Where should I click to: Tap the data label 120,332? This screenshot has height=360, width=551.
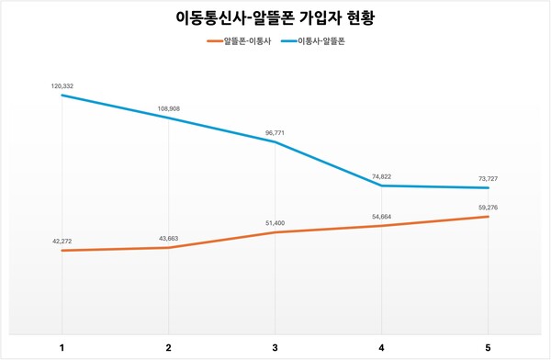(x=62, y=85)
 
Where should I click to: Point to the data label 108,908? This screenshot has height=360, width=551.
(x=168, y=108)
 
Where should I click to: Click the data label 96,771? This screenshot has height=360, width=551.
(x=275, y=132)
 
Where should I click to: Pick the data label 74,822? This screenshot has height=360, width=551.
(x=381, y=175)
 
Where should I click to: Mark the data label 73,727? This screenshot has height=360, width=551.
(x=488, y=177)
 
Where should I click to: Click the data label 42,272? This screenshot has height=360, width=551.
(x=62, y=241)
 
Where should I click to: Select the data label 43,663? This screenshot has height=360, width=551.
(x=168, y=238)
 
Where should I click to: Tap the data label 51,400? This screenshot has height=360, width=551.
(x=275, y=223)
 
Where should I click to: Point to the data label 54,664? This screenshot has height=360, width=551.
(x=381, y=216)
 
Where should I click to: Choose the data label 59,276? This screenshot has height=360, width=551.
(x=488, y=207)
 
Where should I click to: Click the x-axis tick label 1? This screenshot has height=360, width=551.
(x=62, y=347)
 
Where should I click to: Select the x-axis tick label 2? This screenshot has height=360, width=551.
(x=168, y=347)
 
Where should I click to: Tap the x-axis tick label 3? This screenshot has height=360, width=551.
(x=275, y=347)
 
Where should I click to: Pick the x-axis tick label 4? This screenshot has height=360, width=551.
(x=381, y=347)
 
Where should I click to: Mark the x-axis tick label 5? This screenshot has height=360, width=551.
(x=488, y=347)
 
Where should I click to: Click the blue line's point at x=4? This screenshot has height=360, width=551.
(x=381, y=186)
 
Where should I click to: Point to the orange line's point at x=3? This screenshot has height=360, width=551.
(x=275, y=232)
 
